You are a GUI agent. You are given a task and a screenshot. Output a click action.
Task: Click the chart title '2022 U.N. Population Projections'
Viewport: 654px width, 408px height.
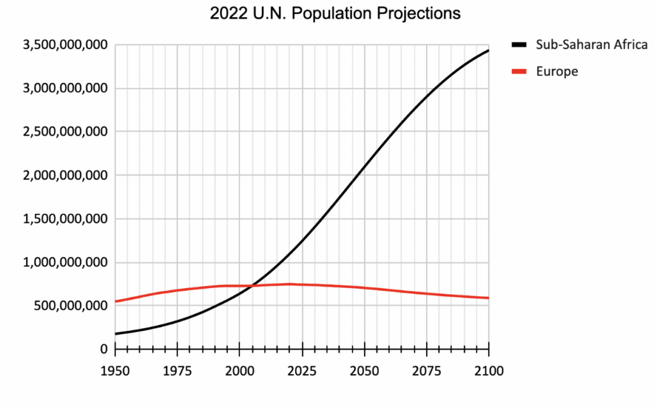tap(335, 13)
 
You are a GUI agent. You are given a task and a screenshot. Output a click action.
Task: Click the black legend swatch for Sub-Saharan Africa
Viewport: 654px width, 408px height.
tap(519, 45)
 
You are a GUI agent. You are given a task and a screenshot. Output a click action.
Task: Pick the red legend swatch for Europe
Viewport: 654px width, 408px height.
tap(519, 72)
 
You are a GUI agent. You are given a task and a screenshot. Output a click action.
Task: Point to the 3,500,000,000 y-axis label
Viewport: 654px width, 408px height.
tap(65, 45)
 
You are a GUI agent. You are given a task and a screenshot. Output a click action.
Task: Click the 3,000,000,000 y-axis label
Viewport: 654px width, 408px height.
tap(65, 88)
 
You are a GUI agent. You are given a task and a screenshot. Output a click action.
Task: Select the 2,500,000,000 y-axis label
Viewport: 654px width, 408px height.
tap(65, 132)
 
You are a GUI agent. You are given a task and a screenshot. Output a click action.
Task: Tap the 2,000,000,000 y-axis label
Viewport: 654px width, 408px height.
tap(65, 175)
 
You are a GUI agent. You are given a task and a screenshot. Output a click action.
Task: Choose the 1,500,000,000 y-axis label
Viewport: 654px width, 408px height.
tap(65, 219)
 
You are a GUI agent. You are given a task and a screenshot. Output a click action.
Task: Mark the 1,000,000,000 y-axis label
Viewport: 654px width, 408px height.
tap(65, 262)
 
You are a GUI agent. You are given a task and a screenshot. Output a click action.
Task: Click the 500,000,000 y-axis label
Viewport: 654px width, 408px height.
tap(70, 306)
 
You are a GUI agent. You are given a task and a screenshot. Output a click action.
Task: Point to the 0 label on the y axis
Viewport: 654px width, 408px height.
tap(103, 349)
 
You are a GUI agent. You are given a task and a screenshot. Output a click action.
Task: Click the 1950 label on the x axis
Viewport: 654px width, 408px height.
tap(115, 370)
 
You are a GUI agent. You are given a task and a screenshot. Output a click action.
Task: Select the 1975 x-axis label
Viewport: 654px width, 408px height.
tap(178, 370)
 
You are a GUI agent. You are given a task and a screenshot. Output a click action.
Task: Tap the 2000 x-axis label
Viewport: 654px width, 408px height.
tap(240, 370)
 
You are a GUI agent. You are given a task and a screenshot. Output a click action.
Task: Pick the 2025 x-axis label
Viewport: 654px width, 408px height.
tap(302, 370)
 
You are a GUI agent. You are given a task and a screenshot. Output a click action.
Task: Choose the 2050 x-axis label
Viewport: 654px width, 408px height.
tap(364, 370)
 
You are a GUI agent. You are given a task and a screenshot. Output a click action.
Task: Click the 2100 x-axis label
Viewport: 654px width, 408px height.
tap(489, 370)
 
